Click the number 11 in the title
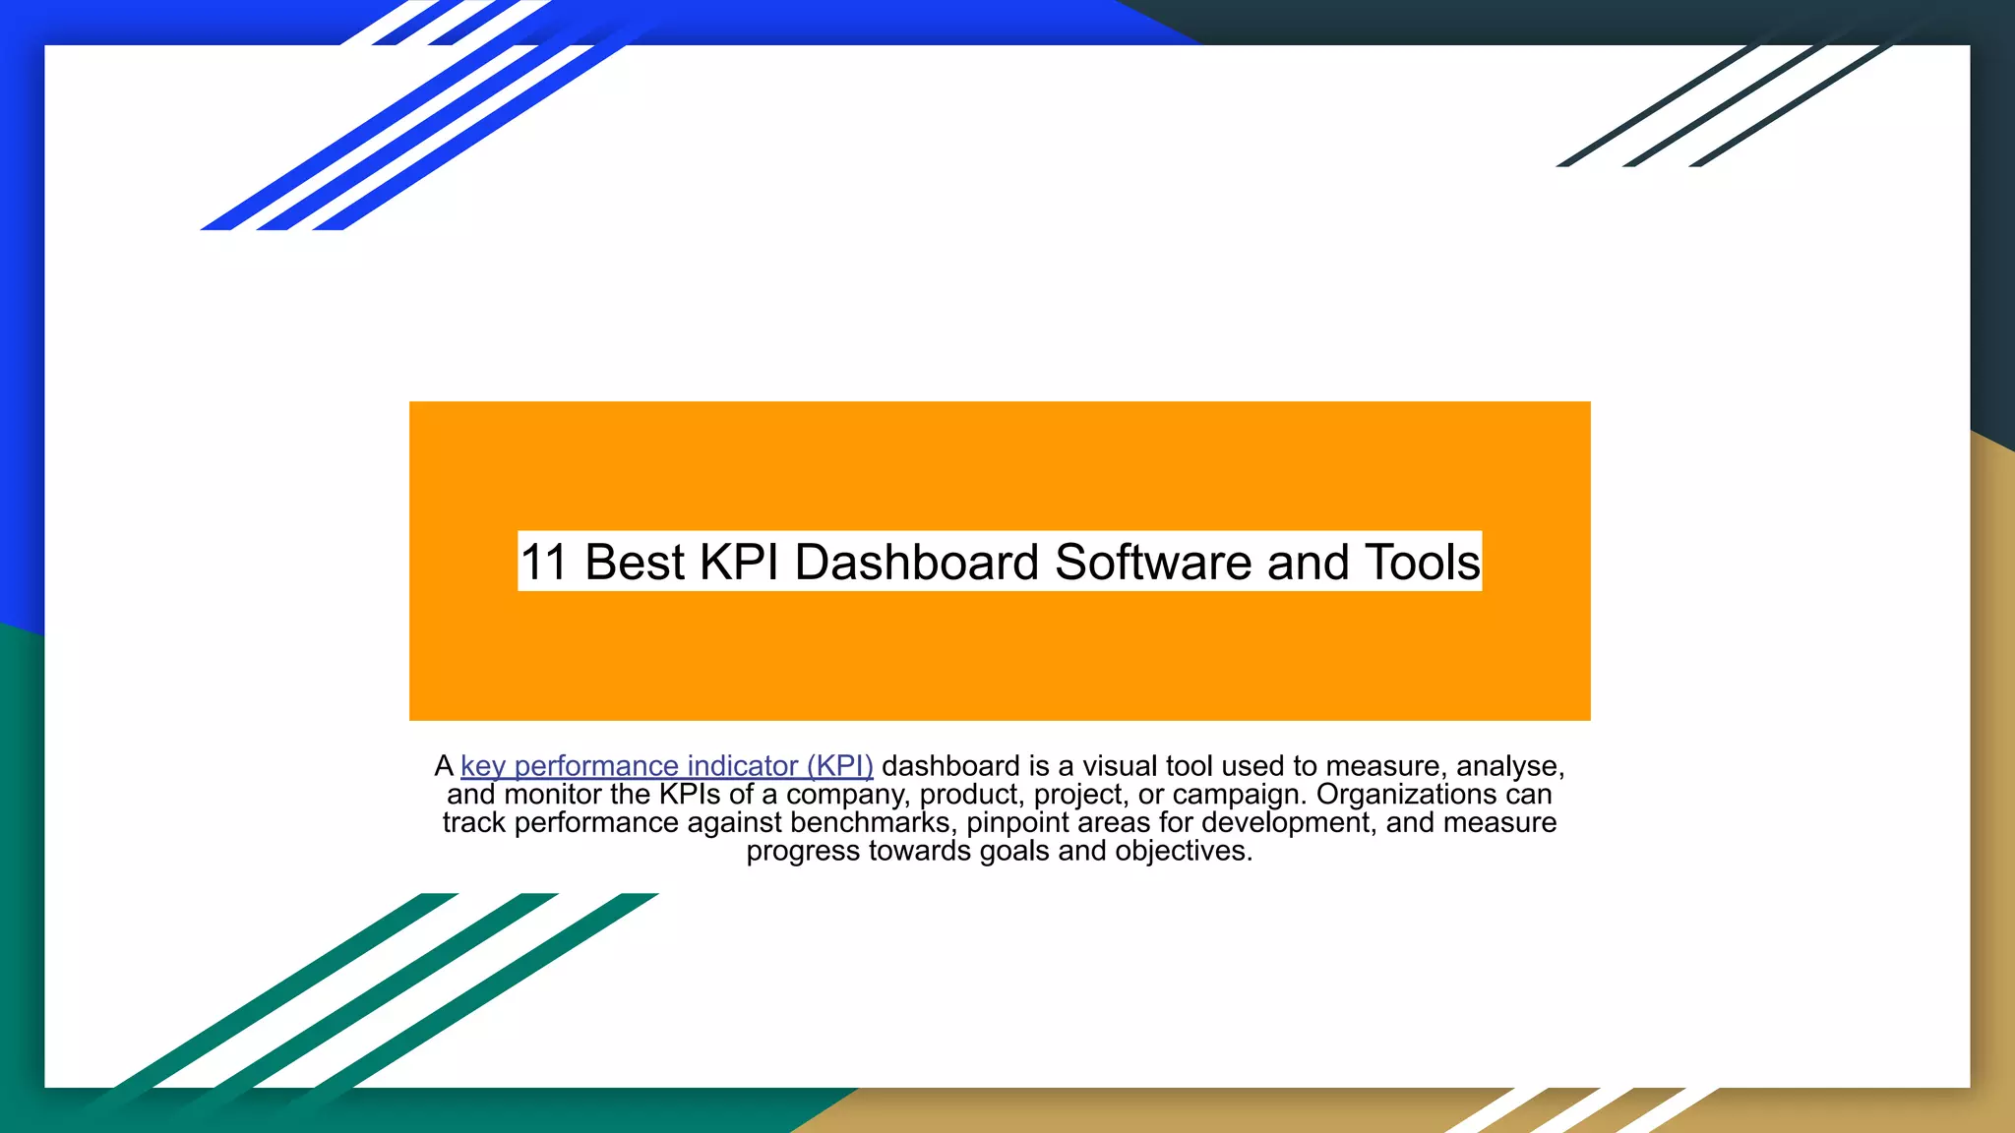[544, 563]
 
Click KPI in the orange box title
[738, 563]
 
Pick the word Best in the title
[635, 563]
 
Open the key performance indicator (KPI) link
[666, 766]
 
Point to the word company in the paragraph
[847, 795]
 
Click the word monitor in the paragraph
[553, 795]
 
